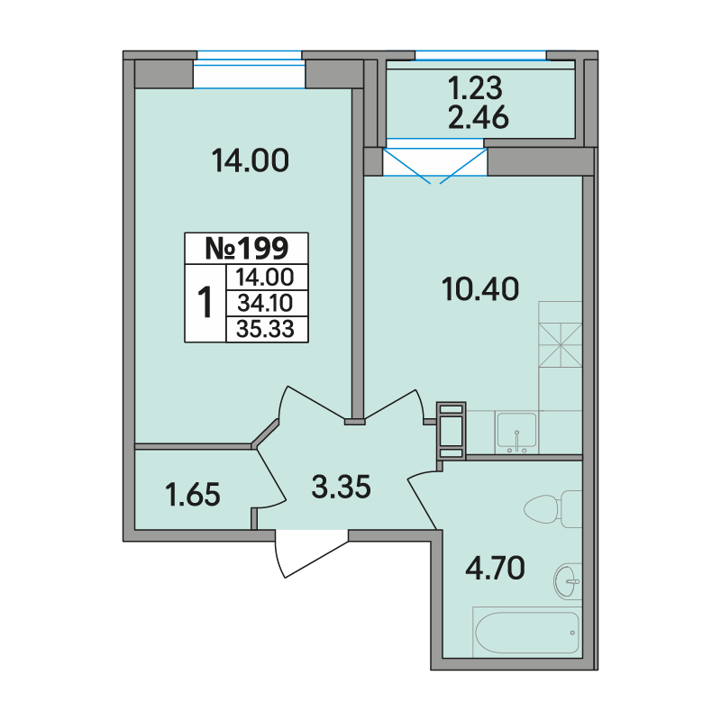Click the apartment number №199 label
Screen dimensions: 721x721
tap(246, 249)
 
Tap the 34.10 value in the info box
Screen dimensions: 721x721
tap(265, 303)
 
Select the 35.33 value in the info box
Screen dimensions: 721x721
tap(265, 329)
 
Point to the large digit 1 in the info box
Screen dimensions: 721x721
tap(205, 302)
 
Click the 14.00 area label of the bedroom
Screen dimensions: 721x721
tap(251, 160)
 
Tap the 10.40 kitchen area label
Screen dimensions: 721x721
tap(480, 289)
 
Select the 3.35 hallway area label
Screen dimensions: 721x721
tap(341, 487)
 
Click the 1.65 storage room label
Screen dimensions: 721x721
tap(193, 495)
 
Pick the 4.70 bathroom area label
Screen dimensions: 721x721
tap(495, 568)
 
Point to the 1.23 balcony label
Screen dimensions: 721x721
tap(476, 87)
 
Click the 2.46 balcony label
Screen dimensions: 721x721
tap(479, 117)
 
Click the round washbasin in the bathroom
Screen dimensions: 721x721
tap(568, 581)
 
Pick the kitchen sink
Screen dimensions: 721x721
tap(516, 431)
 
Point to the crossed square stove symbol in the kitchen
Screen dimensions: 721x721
tap(560, 345)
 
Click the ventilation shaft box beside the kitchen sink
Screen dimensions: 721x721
tap(452, 431)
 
